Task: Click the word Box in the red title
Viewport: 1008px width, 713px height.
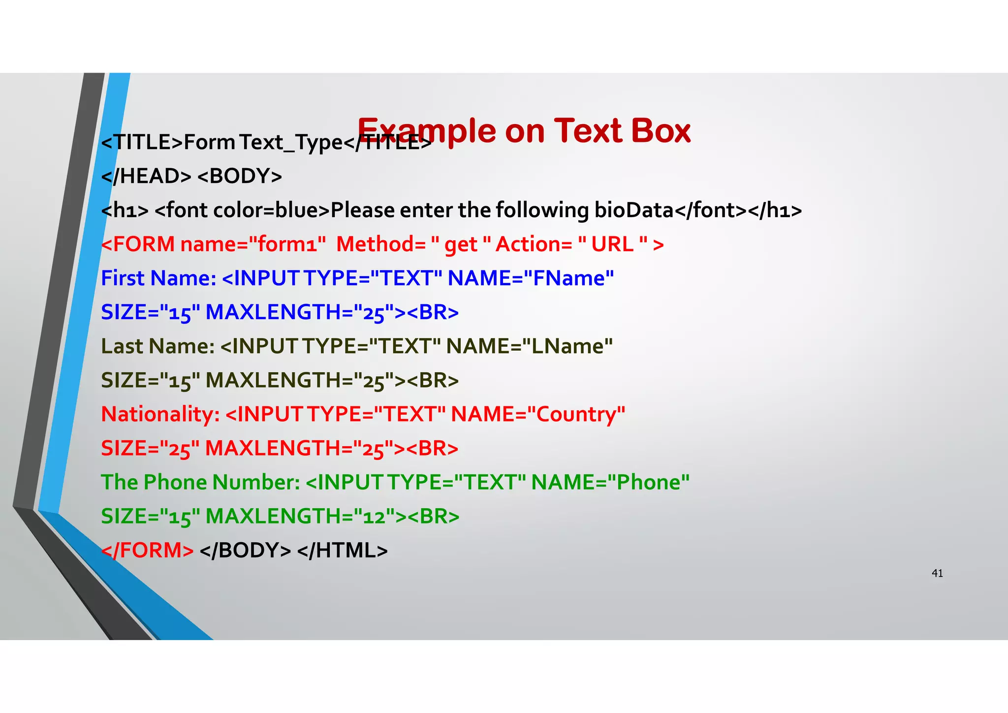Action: pos(661,131)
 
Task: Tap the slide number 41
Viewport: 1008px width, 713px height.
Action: pos(937,573)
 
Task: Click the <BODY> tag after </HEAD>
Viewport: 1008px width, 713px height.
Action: pos(240,176)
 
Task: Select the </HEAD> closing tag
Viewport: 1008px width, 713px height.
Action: pos(146,176)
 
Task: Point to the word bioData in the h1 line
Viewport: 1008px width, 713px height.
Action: pos(634,211)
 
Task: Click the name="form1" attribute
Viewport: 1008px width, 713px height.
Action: pos(253,244)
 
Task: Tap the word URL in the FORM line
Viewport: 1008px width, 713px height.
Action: pos(612,244)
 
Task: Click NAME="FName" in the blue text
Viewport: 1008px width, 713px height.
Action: pos(531,278)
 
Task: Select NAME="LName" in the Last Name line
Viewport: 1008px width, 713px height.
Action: pos(529,346)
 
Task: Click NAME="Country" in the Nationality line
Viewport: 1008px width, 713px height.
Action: pos(538,414)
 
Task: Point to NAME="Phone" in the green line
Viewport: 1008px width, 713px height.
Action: pos(610,482)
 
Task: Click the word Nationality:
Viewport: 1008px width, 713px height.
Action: pos(160,415)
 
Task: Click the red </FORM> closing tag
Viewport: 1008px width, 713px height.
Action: pos(147,551)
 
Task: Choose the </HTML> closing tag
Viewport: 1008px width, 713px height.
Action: pos(343,551)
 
